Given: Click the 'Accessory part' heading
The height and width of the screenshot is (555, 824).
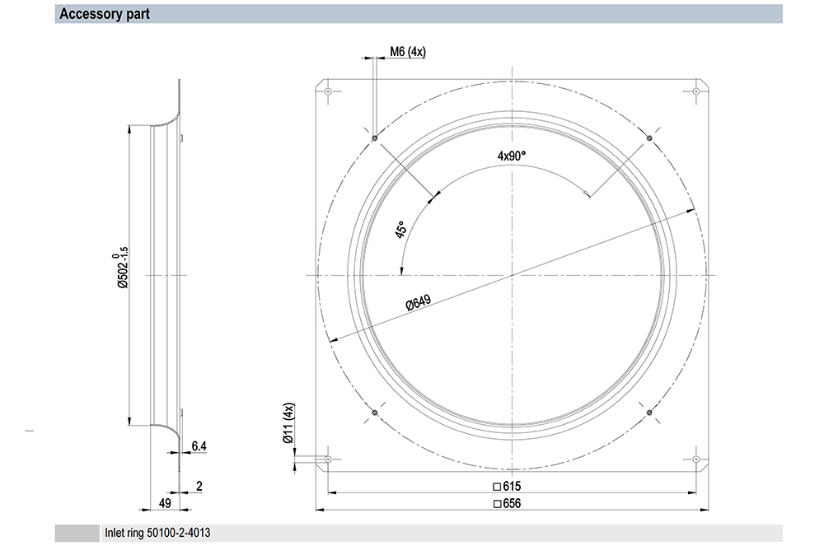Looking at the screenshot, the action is click(104, 14).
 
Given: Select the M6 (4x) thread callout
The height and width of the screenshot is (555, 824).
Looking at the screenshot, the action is click(408, 52).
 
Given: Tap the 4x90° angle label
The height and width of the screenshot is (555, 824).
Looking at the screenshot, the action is click(512, 156).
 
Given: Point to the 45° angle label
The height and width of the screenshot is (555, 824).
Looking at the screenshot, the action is click(400, 230).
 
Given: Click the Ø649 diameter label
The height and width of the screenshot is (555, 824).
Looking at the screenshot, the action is click(419, 302).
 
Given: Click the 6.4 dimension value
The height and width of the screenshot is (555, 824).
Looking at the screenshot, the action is click(199, 446).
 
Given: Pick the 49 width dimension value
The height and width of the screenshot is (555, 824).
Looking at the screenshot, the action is click(165, 503).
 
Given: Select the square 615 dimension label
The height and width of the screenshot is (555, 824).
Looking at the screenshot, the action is click(507, 486).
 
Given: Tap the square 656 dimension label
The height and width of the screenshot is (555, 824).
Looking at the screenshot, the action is click(507, 504).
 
